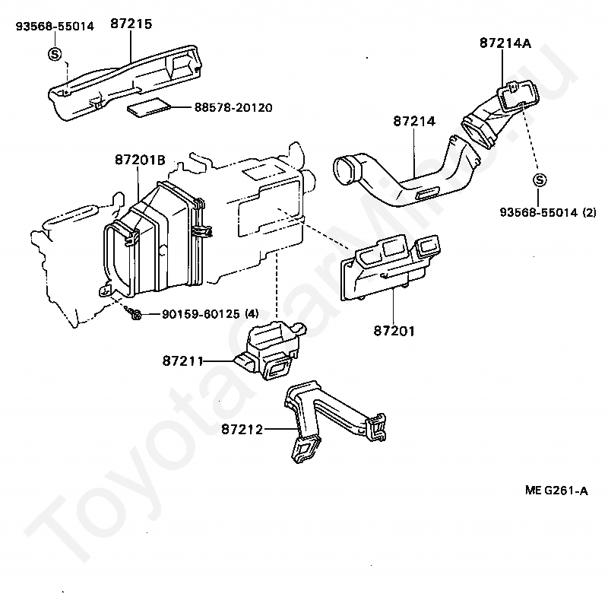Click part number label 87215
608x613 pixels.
coord(131,24)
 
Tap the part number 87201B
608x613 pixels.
coord(140,160)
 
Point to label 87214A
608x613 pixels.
coord(505,43)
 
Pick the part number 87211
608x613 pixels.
coord(182,360)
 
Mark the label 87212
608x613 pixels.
coord(242,430)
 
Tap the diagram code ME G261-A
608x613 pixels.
coord(556,491)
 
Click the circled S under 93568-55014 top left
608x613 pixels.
coord(55,53)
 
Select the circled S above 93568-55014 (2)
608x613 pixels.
coord(539,180)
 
